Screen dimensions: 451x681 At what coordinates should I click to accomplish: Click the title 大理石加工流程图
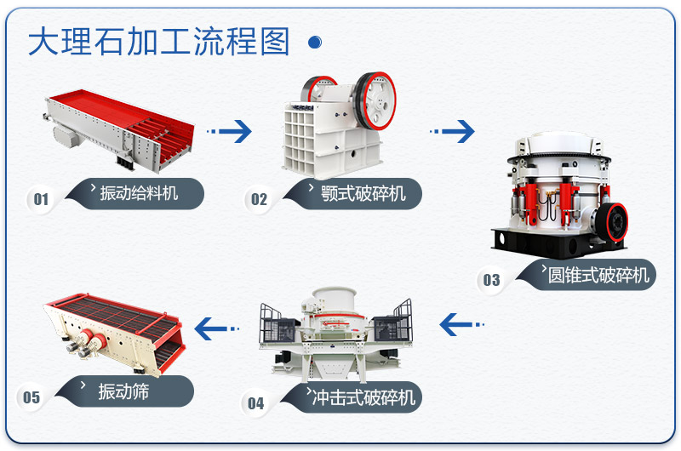pos(159,42)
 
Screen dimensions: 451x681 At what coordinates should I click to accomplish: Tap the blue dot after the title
pos(314,42)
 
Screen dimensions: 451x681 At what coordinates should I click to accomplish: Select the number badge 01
pos(41,200)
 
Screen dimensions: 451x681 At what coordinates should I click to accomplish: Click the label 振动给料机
pos(140,193)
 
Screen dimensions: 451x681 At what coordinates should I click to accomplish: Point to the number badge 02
pos(259,200)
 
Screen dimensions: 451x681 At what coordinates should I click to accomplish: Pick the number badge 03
pos(492,280)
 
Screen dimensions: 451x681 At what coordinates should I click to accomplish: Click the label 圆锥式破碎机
pos(598,275)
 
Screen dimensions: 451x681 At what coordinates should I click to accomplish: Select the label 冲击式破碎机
pos(363,397)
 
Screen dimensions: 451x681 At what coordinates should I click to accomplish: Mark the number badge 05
pos(31,397)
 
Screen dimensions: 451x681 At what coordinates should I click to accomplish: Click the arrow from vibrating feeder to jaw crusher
pos(231,131)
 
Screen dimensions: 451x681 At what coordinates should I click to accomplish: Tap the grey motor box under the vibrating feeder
pos(65,134)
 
